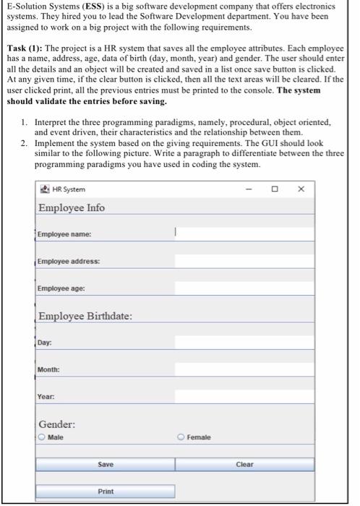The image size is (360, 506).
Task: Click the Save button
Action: tap(106, 464)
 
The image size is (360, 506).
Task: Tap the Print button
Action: tap(106, 491)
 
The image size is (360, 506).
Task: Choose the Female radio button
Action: tap(181, 437)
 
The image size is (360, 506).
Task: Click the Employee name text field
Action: tap(244, 233)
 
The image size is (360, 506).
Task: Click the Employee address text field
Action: tap(244, 260)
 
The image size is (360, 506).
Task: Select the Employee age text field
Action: tap(244, 288)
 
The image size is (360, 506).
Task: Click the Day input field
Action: tap(244, 343)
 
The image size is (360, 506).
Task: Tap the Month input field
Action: tap(244, 369)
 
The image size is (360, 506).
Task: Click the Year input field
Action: tap(244, 396)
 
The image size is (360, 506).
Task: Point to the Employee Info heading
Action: tap(72, 208)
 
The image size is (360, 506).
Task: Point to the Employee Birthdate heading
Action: tap(85, 317)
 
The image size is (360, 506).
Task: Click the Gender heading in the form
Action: tap(57, 424)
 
